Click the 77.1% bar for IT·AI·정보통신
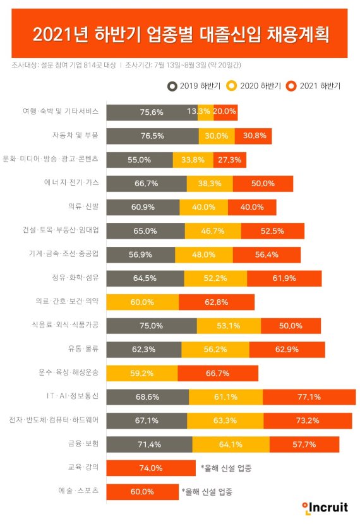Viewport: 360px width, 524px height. click(x=309, y=397)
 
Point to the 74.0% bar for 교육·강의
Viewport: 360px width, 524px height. click(x=151, y=468)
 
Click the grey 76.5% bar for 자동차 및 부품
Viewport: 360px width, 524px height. click(x=152, y=135)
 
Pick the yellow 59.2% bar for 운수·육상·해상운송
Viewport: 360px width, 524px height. click(x=142, y=373)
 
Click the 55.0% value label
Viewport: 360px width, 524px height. click(x=139, y=160)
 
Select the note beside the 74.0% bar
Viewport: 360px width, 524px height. click(x=231, y=468)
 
